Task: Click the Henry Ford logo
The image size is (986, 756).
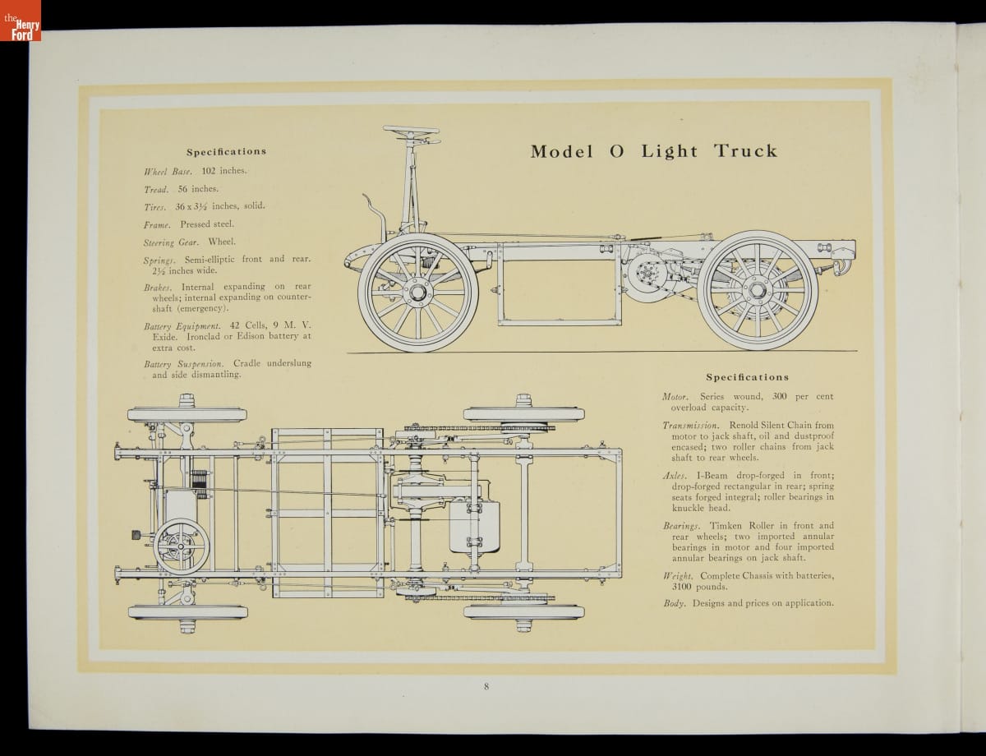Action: [x=20, y=21]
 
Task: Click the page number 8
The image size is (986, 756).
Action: [x=486, y=686]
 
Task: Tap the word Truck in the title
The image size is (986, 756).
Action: [x=745, y=151]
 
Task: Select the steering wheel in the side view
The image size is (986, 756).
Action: [x=408, y=132]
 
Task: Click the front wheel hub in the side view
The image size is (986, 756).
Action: [x=417, y=293]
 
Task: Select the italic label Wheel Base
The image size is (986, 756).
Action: [x=168, y=172]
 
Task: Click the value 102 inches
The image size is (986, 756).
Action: [x=223, y=171]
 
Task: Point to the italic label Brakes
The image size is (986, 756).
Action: [x=157, y=288]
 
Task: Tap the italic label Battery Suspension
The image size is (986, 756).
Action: [x=186, y=363]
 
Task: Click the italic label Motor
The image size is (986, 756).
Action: [x=675, y=397]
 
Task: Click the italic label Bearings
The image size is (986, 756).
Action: [x=681, y=526]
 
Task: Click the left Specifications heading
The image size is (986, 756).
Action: [x=226, y=151]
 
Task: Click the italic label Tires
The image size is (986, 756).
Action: [x=155, y=206]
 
